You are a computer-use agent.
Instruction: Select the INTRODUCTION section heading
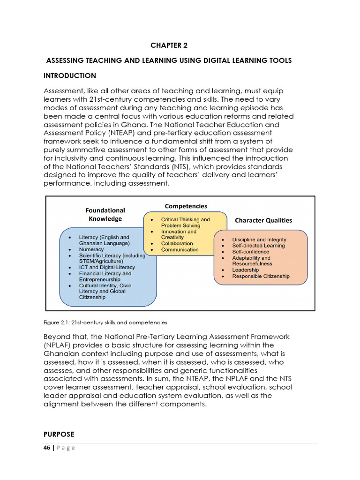click(x=70, y=75)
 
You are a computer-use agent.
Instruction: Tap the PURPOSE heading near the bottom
click(x=59, y=434)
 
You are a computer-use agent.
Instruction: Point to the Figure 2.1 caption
click(x=105, y=322)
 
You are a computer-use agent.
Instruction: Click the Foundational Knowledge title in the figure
click(x=105, y=215)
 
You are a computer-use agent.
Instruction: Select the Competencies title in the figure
click(x=186, y=206)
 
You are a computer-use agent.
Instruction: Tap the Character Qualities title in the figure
click(x=263, y=220)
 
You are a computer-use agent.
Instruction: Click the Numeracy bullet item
click(x=91, y=249)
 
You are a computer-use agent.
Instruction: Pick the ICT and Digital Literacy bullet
click(x=106, y=267)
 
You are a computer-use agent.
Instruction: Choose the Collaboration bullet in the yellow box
click(x=177, y=243)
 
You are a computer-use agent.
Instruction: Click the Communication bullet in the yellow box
click(x=180, y=249)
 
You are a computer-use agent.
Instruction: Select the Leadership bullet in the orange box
click(x=245, y=270)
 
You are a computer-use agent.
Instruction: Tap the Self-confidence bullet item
click(x=251, y=252)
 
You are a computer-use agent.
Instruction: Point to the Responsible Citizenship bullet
click(x=261, y=276)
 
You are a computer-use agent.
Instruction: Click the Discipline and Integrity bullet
click(x=259, y=240)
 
